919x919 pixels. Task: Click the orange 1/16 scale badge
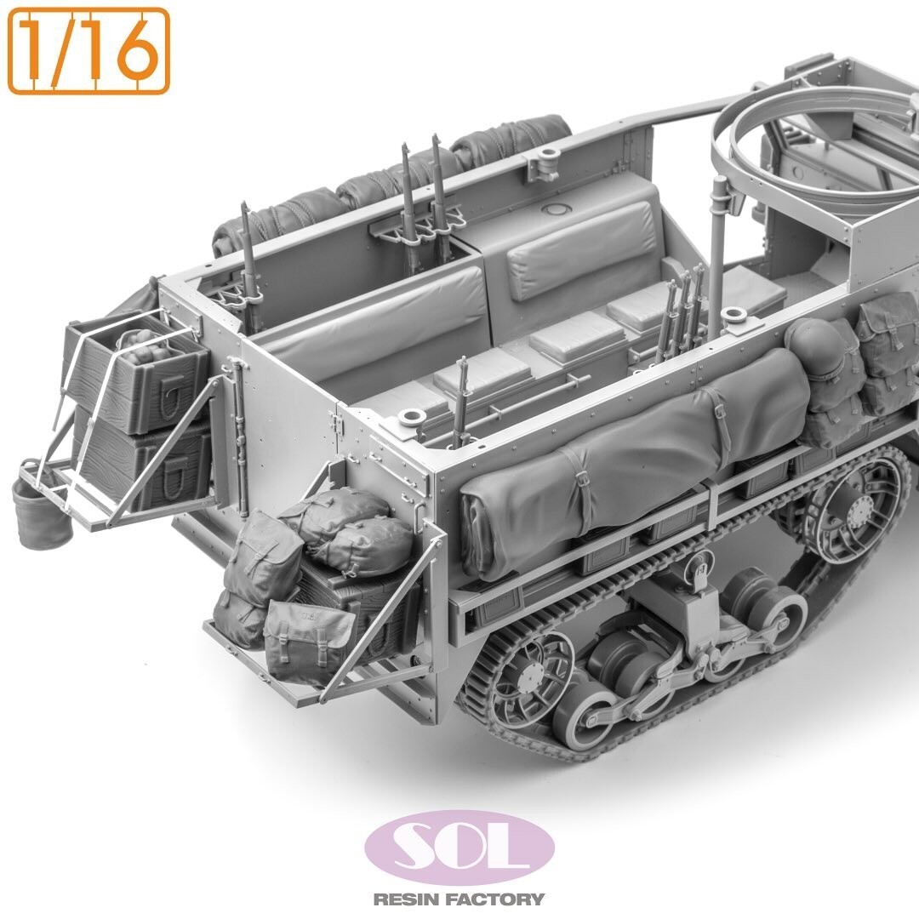pyautogui.click(x=88, y=51)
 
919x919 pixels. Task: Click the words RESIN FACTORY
pyautogui.click(x=459, y=899)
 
